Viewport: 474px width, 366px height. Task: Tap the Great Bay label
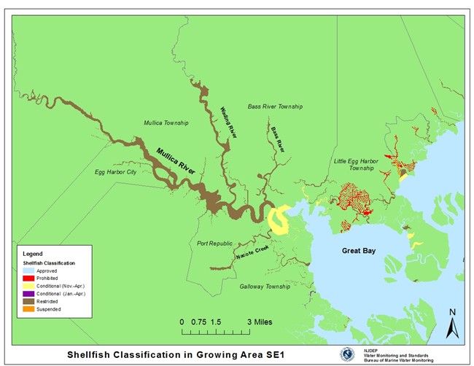pos(360,251)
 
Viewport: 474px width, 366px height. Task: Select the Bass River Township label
pos(274,106)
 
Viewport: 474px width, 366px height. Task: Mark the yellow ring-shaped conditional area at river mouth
pos(279,219)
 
